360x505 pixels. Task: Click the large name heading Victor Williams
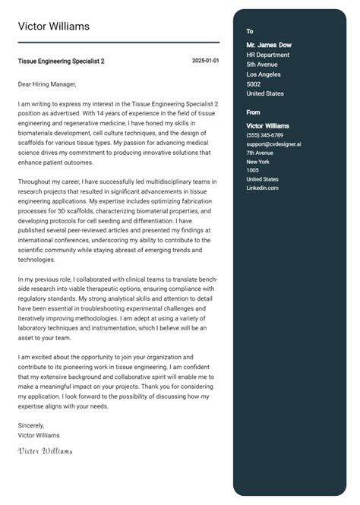click(54, 27)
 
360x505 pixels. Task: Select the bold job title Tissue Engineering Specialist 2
click(62, 61)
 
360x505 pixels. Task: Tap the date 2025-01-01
click(205, 60)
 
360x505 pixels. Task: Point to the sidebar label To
click(250, 31)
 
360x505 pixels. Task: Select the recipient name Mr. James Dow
click(269, 45)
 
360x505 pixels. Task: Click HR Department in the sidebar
click(268, 55)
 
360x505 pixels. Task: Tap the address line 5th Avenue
click(263, 65)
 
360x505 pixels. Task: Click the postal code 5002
click(254, 84)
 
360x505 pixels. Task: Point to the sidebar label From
click(254, 112)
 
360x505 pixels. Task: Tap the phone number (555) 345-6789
click(264, 134)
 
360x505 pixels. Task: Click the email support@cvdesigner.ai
click(273, 144)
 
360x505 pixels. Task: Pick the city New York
click(258, 162)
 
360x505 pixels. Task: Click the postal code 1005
click(253, 170)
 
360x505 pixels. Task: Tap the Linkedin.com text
click(262, 188)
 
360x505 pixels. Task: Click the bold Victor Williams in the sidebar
click(268, 125)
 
